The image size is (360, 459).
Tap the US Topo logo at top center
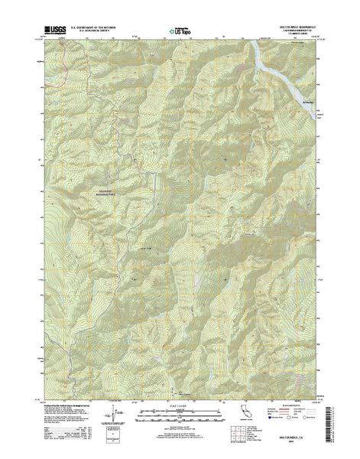coord(180,31)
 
